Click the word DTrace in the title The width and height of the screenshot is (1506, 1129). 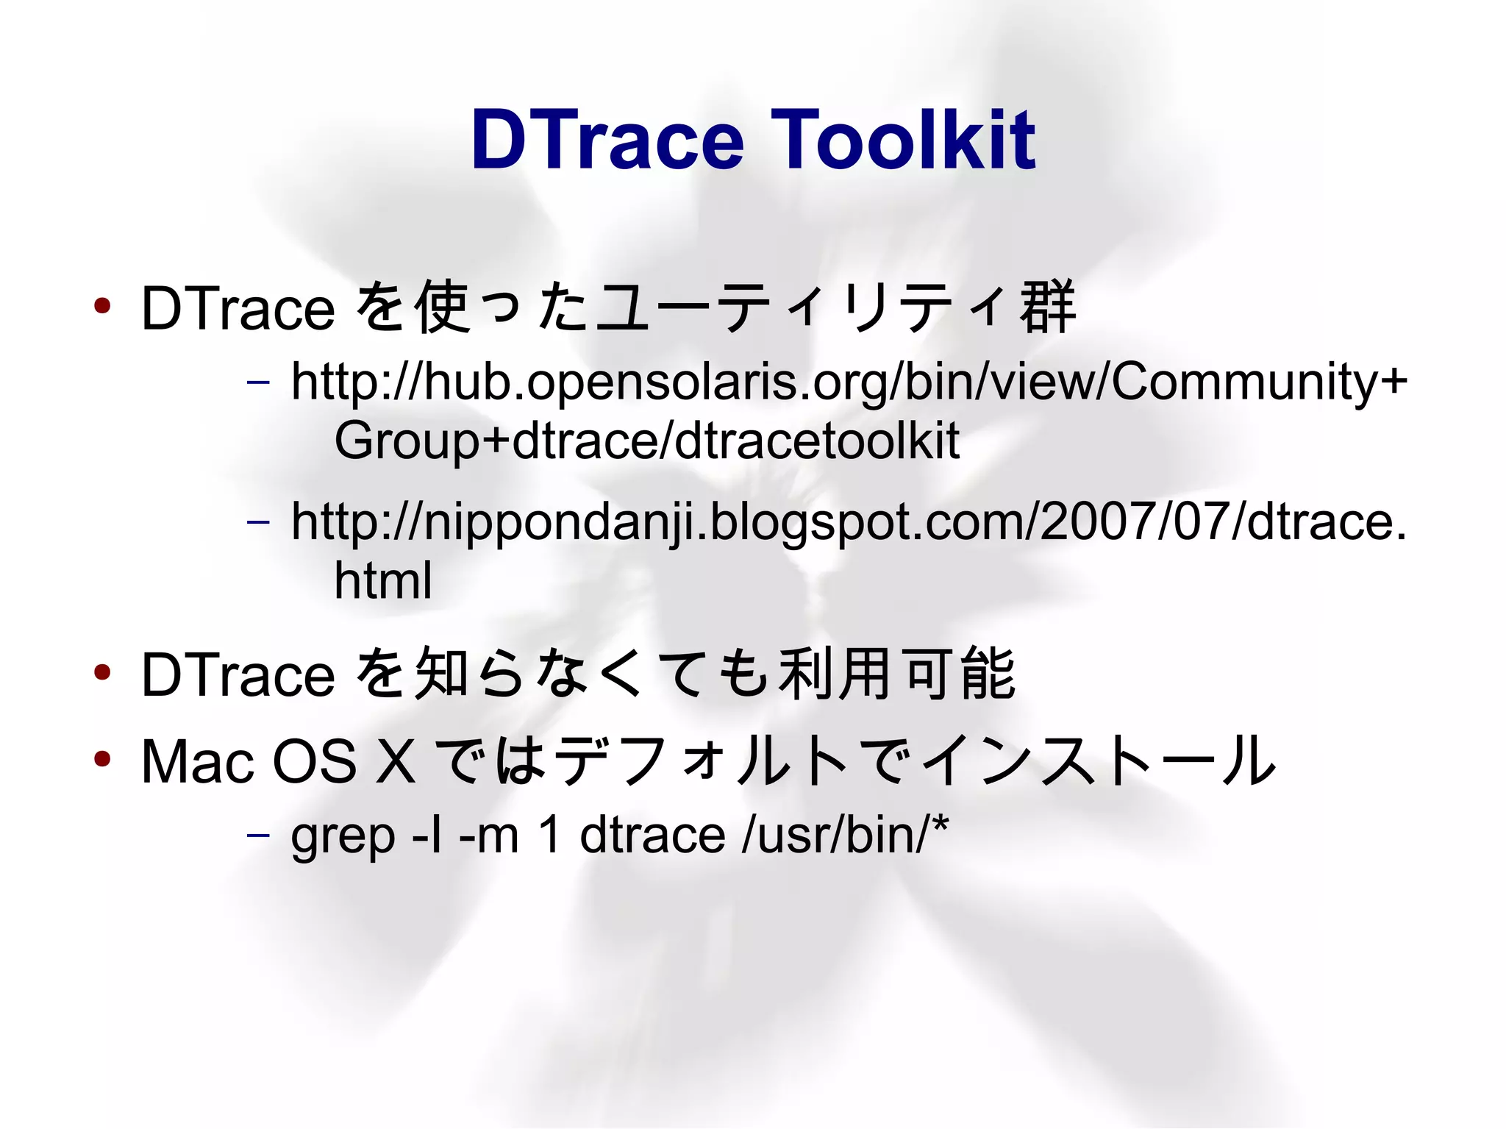point(607,139)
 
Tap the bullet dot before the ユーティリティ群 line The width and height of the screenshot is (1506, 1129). point(102,305)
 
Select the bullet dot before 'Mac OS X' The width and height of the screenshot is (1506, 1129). point(102,758)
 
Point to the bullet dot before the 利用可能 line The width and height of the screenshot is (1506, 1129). point(102,671)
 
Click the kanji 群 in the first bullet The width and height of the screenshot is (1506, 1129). point(1047,307)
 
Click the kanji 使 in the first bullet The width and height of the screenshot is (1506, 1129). point(443,307)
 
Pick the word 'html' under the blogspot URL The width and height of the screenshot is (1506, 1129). point(382,580)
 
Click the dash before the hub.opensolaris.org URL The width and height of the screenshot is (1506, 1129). point(258,382)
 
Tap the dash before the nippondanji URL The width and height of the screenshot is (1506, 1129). point(258,522)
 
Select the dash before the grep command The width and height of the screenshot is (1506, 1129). point(258,836)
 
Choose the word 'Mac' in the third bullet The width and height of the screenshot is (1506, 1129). point(197,761)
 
